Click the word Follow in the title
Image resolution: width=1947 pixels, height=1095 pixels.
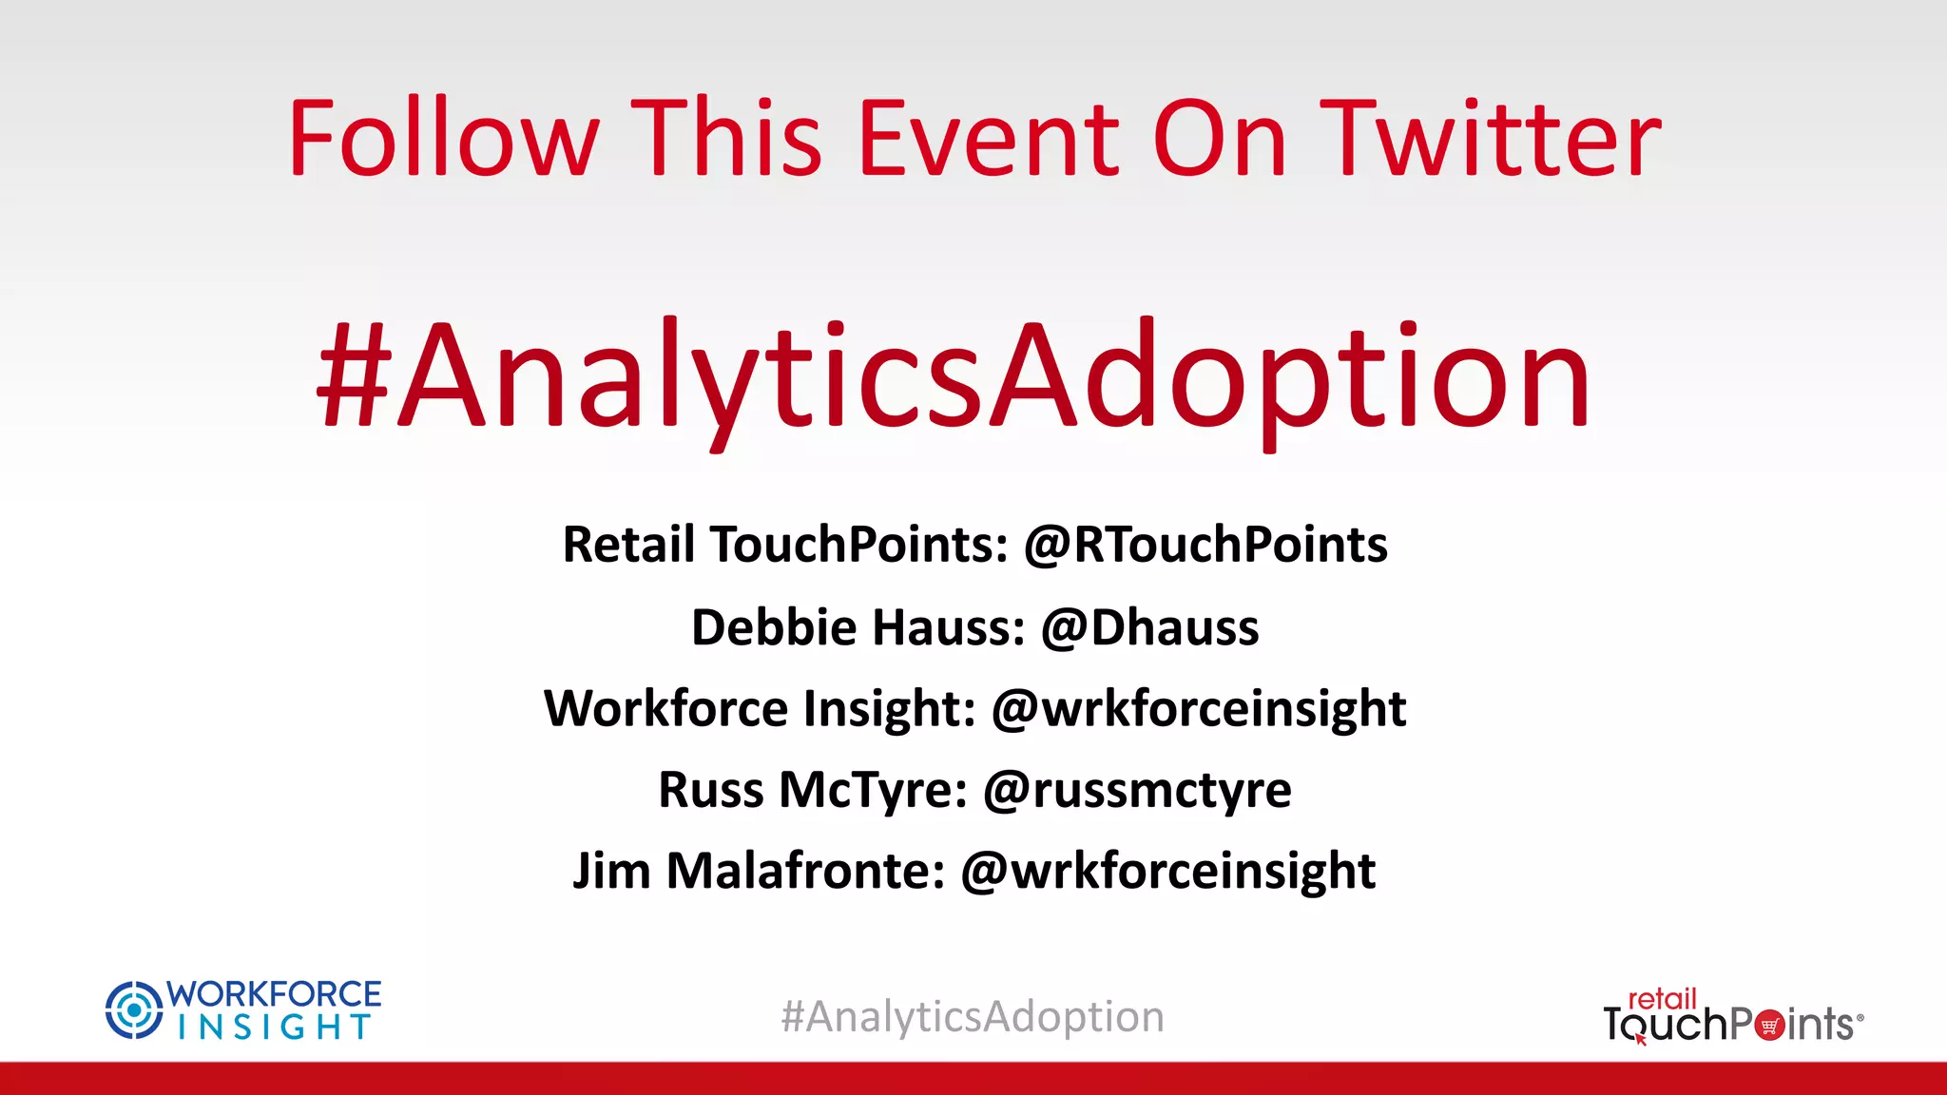pos(443,140)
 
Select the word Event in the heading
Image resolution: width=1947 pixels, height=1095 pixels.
pos(990,140)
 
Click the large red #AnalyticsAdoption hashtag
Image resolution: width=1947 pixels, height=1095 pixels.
pos(954,377)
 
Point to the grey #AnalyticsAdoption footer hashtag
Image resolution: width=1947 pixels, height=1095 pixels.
pos(973,1017)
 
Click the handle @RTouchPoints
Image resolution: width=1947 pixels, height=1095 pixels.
pos(1205,545)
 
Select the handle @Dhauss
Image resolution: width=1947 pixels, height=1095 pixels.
pos(1150,627)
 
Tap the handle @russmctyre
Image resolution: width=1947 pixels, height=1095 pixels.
pos(1137,790)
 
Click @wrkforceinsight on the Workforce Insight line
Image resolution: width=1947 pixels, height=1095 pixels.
pos(1198,709)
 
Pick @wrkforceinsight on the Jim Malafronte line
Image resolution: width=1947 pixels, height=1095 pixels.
pos(1167,871)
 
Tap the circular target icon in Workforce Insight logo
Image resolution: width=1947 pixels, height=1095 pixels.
pos(134,1009)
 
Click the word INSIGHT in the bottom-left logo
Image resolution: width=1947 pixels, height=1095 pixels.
pos(274,1028)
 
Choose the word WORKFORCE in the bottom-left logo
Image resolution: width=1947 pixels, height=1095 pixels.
pos(274,994)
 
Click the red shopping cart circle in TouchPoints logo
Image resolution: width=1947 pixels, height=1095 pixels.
pos(1769,1026)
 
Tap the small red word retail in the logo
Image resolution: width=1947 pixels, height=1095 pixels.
pos(1662,999)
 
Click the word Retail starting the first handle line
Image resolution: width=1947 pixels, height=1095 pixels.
pos(628,545)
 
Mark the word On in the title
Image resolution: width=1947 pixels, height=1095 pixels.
pos(1220,140)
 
